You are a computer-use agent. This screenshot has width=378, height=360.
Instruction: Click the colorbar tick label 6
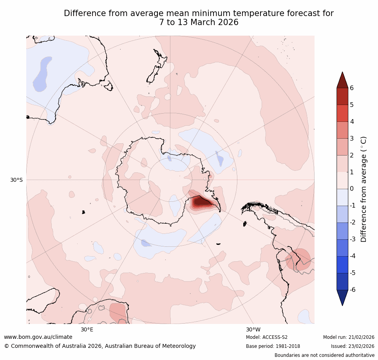[x=352, y=88]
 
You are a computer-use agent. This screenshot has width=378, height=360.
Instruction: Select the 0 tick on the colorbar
[x=352, y=189]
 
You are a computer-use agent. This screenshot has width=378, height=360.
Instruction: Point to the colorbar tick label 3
[x=352, y=138]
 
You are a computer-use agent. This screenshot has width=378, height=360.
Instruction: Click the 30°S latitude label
[x=16, y=180]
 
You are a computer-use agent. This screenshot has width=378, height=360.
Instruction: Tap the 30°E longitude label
[x=87, y=329]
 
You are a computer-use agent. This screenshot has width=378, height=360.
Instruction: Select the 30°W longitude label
[x=253, y=329]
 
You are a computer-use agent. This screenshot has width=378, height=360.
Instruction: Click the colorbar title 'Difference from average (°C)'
[x=364, y=189]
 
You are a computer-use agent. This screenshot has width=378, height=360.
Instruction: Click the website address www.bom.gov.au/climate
[x=38, y=337]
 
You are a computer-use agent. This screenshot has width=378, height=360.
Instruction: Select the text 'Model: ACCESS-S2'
[x=267, y=337]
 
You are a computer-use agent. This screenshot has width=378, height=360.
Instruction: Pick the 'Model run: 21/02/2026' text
[x=349, y=337]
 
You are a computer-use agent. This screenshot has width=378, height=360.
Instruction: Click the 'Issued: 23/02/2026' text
[x=353, y=346]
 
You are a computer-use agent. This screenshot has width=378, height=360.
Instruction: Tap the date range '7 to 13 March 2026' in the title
[x=199, y=22]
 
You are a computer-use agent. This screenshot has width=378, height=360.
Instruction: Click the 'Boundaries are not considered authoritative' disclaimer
[x=324, y=355]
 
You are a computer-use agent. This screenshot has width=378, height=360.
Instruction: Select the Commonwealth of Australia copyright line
[x=100, y=346]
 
